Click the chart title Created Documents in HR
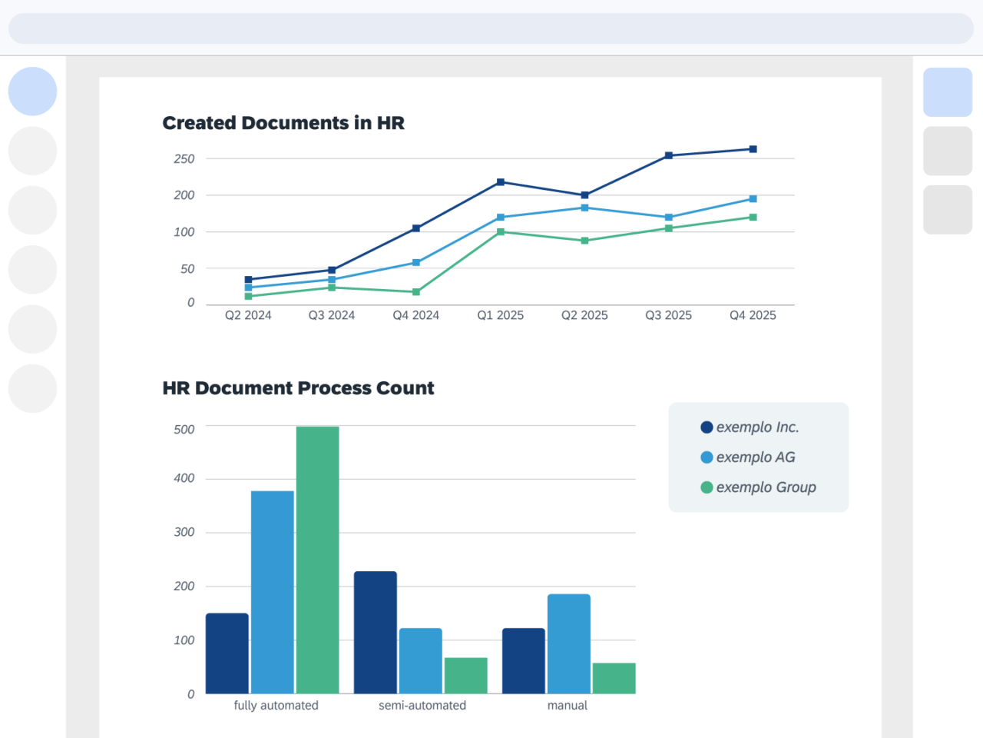click(283, 123)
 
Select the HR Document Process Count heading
click(298, 388)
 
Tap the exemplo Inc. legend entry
click(750, 427)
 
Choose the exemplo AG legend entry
click(748, 457)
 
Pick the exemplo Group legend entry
click(758, 487)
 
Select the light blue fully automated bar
click(273, 592)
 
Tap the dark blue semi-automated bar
click(376, 632)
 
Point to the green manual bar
click(614, 678)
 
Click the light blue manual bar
click(569, 643)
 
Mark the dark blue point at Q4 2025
click(753, 149)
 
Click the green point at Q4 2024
click(416, 292)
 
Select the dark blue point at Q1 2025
click(501, 182)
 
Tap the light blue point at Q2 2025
click(584, 208)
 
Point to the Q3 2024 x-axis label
click(332, 315)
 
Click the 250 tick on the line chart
click(184, 159)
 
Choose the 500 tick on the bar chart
click(184, 430)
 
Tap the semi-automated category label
click(422, 706)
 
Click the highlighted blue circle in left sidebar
click(32, 91)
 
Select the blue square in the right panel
click(948, 92)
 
